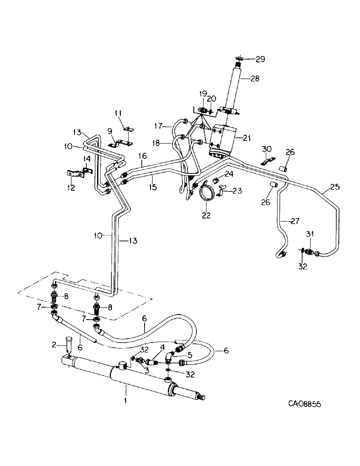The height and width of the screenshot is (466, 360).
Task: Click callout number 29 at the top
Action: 259,59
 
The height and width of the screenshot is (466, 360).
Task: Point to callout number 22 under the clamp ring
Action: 206,215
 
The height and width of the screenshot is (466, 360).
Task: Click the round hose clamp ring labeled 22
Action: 206,192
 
